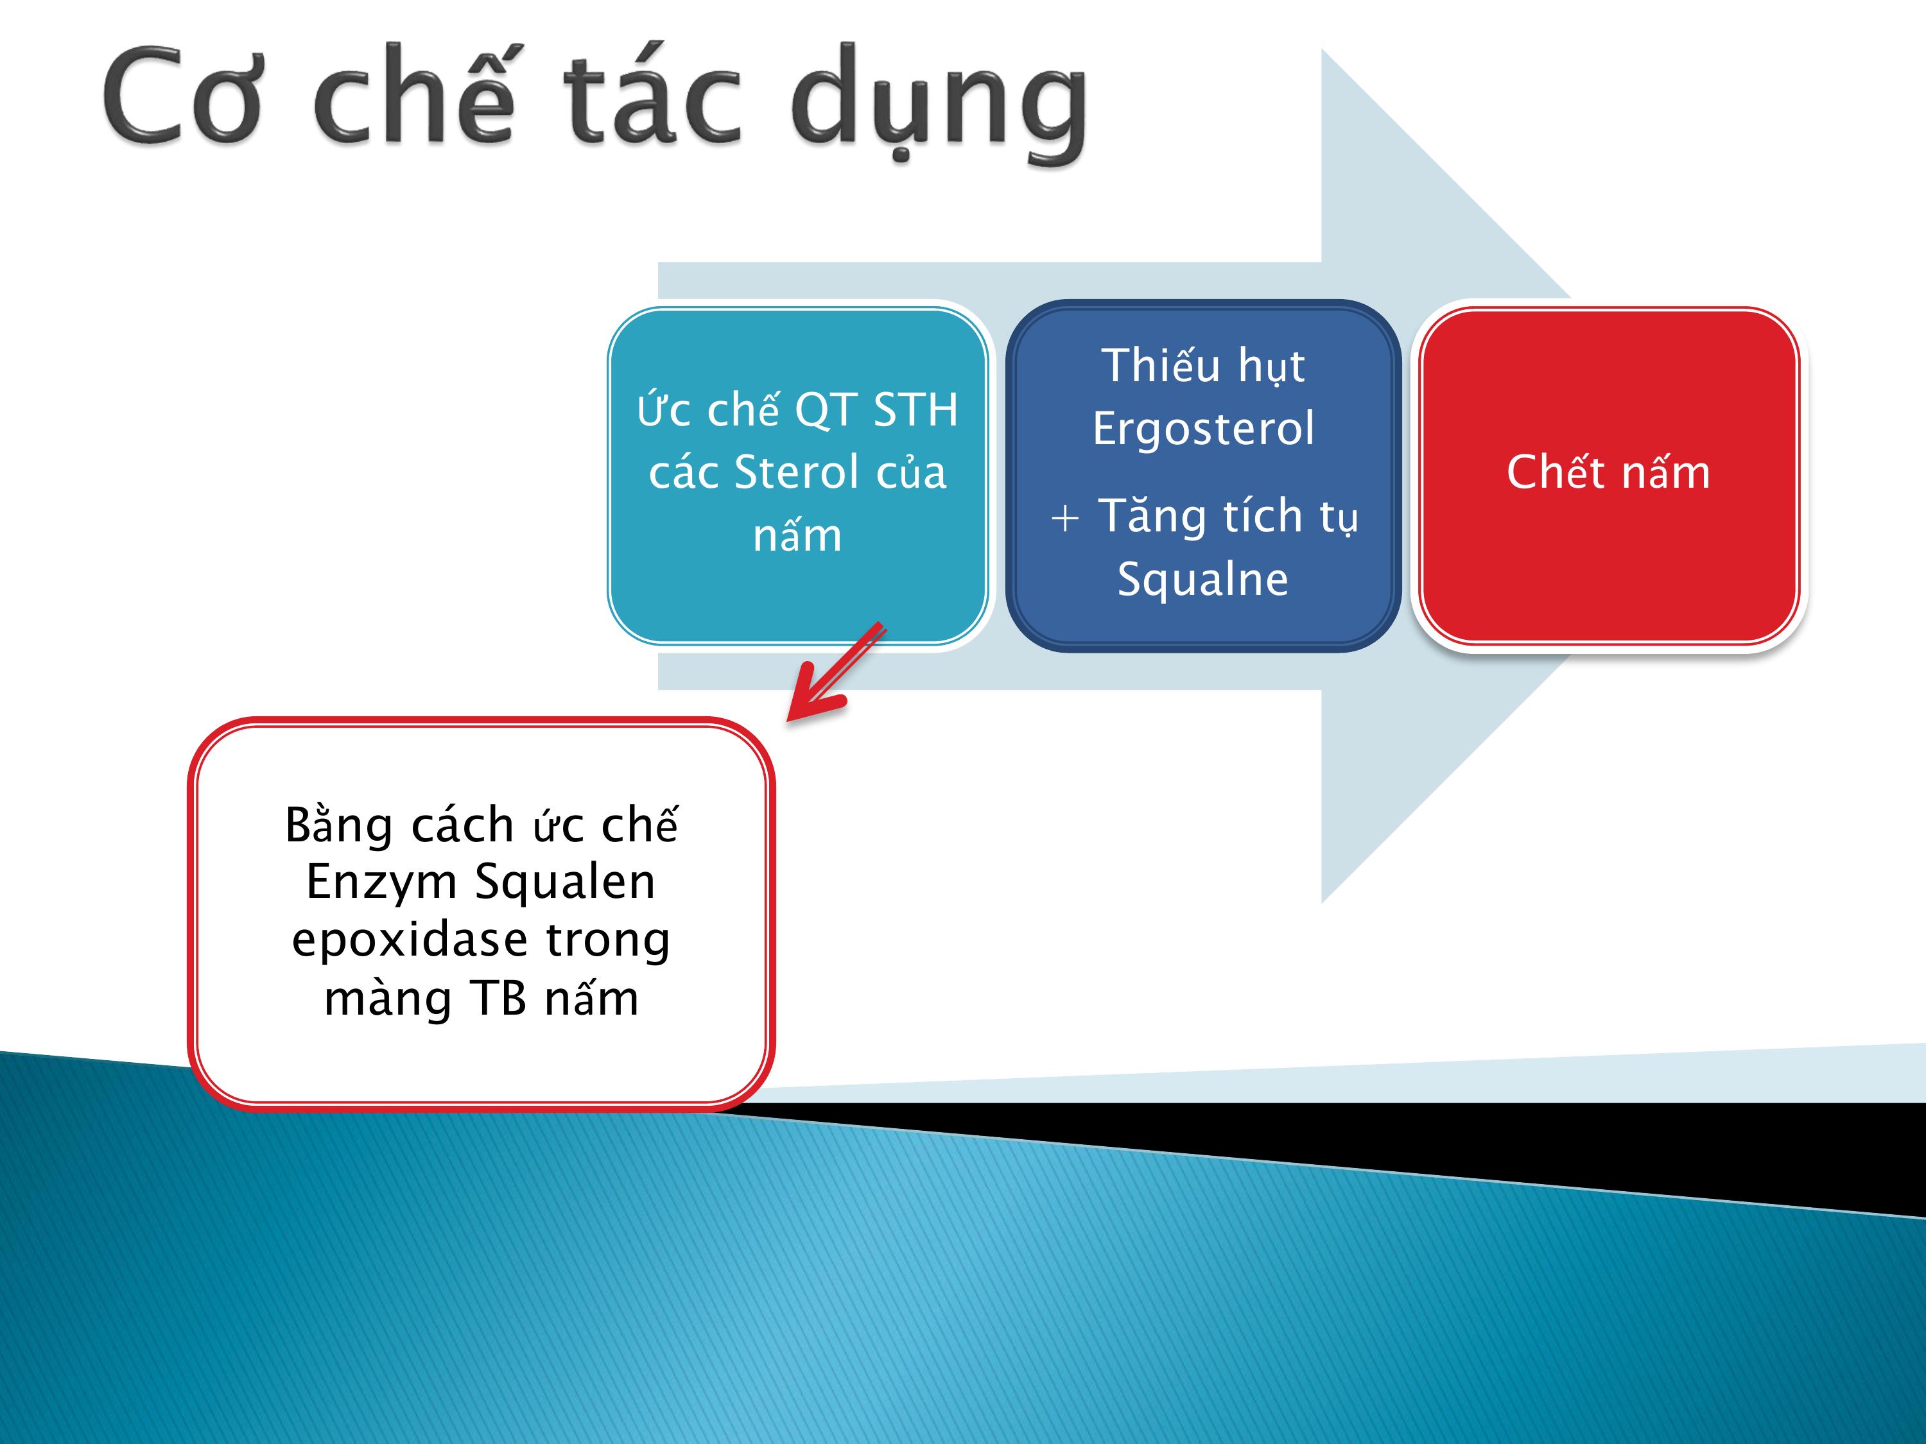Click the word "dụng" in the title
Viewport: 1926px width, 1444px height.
coord(939,103)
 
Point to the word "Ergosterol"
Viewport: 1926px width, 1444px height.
coord(1203,428)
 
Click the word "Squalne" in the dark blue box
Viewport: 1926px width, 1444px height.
coord(1202,580)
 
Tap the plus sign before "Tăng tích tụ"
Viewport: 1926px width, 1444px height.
coord(1065,519)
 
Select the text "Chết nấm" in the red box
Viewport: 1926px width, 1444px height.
coord(1608,472)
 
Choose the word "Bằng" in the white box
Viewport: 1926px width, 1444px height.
coord(339,826)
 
